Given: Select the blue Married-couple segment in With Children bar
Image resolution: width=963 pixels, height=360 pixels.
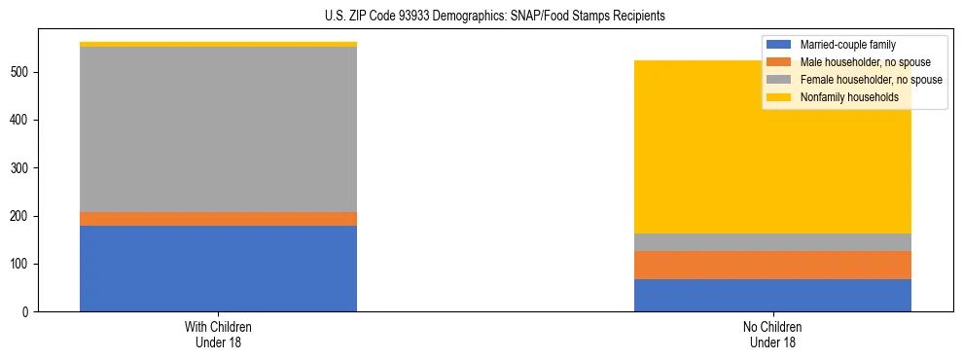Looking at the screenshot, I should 218,269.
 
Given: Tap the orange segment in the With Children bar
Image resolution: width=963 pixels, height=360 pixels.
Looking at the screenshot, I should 218,219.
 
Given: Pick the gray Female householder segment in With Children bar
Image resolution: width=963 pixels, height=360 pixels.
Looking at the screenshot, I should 218,129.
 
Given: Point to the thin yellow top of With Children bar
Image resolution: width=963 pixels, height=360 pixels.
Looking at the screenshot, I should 218,44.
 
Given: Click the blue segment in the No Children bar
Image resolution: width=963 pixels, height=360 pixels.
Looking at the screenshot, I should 772,295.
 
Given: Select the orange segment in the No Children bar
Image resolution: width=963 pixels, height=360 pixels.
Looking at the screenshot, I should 772,265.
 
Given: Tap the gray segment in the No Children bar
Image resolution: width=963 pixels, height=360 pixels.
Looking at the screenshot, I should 772,242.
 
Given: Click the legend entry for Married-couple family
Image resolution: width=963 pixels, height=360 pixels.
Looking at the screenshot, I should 847,45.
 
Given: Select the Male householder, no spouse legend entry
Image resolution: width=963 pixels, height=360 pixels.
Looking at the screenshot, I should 861,62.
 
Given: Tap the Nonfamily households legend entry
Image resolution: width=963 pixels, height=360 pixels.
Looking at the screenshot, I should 849,97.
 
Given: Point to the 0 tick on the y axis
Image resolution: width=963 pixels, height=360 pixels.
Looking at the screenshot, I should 32,312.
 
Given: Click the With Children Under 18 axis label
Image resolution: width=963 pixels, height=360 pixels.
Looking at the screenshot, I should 218,335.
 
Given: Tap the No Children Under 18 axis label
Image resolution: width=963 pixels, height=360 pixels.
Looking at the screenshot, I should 772,335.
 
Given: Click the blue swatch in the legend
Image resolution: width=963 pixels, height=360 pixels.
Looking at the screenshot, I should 779,45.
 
